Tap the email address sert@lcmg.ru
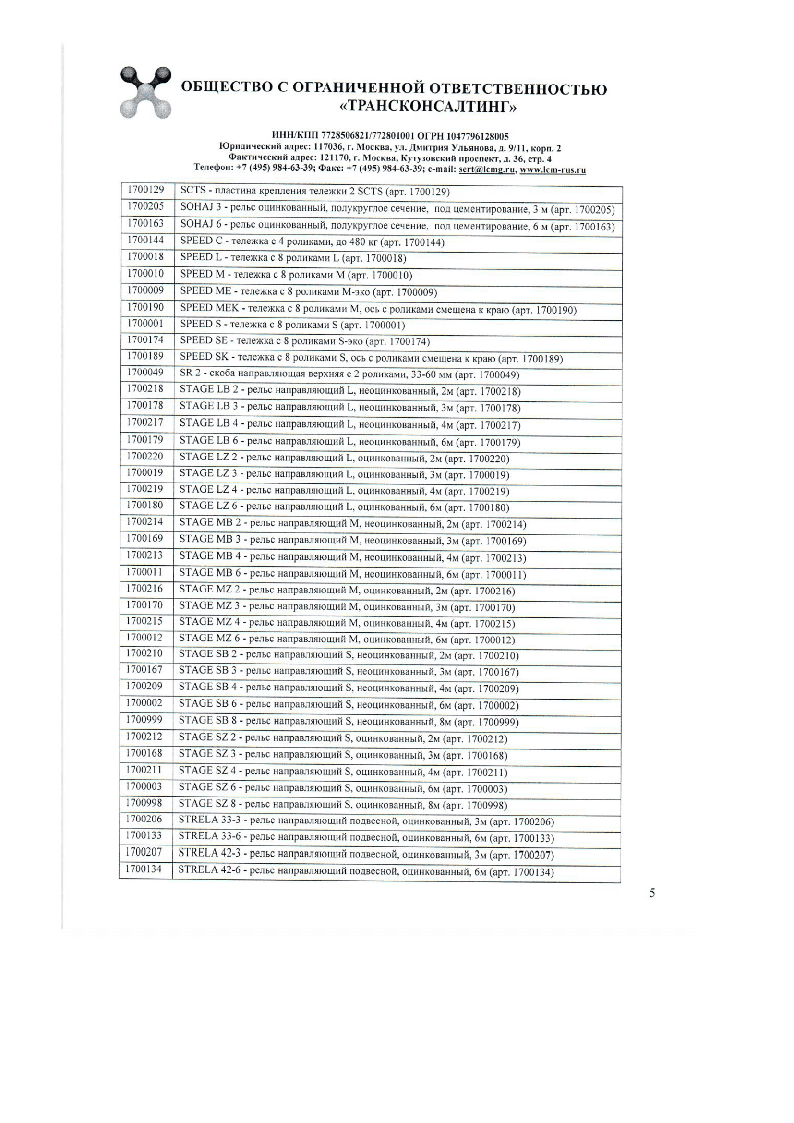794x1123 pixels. (486, 169)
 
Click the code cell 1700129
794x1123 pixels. (146, 190)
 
